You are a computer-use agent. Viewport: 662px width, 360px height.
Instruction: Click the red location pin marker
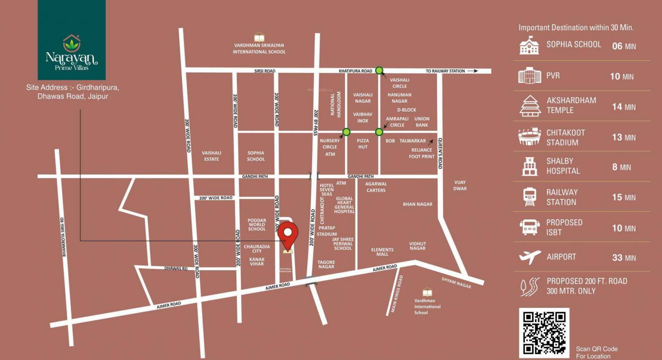(287, 234)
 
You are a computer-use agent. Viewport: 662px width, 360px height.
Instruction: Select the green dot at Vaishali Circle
(379, 70)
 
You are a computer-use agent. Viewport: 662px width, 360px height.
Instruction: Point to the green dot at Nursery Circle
(346, 132)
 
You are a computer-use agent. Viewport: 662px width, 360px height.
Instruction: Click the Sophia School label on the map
(256, 156)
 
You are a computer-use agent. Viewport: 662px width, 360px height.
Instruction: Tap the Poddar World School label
(257, 225)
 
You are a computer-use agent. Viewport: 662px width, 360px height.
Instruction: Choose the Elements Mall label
(382, 252)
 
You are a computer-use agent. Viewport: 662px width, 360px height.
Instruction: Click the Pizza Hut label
(363, 144)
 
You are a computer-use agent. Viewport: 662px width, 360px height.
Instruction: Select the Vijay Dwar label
(460, 185)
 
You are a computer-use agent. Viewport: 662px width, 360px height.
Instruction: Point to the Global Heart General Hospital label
(344, 205)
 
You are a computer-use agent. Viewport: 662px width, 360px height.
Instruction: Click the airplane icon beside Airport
(530, 257)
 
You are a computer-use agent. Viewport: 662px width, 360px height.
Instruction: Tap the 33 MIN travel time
(624, 258)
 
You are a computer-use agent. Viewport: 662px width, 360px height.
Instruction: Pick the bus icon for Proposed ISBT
(530, 227)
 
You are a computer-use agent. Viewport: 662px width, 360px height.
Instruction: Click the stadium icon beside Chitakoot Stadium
(530, 137)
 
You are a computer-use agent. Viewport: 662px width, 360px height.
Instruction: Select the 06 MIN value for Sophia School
(624, 46)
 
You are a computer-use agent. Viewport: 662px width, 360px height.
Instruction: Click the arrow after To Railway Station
(473, 71)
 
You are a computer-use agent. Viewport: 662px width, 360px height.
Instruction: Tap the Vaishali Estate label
(211, 156)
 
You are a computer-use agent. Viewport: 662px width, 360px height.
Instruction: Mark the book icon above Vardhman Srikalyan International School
(259, 37)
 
